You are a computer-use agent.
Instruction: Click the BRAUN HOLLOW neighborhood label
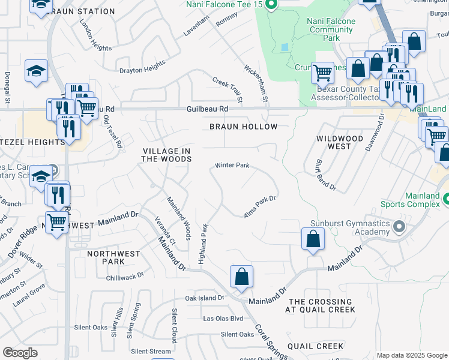pyautogui.click(x=243, y=127)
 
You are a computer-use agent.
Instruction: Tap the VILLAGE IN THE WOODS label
pyautogui.click(x=166, y=155)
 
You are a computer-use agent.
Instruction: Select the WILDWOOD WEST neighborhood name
pyautogui.click(x=340, y=142)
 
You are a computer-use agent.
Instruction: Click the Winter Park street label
pyautogui.click(x=232, y=165)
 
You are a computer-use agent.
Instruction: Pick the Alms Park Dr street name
pyautogui.click(x=259, y=206)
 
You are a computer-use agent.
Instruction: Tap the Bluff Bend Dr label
pyautogui.click(x=325, y=175)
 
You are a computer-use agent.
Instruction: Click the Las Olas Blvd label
pyautogui.click(x=223, y=318)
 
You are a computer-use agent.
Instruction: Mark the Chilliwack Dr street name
pyautogui.click(x=125, y=276)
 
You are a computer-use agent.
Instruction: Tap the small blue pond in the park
pyautogui.click(x=285, y=46)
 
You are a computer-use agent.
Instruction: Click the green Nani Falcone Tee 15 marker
pyautogui.click(x=271, y=5)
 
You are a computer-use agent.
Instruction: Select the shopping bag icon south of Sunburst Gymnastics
pyautogui.click(x=313, y=239)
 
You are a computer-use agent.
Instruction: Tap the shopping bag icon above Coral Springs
pyautogui.click(x=241, y=277)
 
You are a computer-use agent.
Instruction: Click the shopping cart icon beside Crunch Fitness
pyautogui.click(x=322, y=73)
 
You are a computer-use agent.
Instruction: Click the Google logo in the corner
pyautogui.click(x=20, y=353)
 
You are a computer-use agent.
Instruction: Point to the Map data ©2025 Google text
pyautogui.click(x=411, y=355)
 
